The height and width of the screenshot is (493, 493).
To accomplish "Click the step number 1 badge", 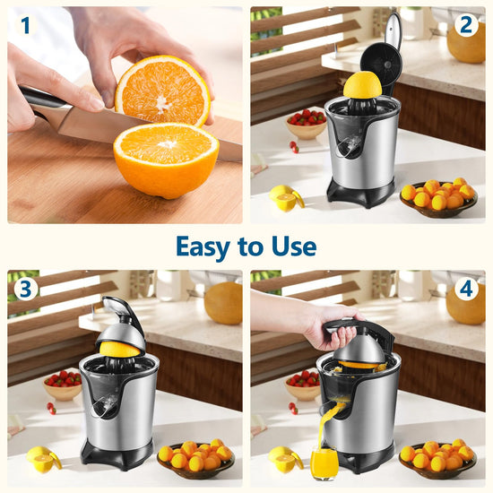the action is point(26,25).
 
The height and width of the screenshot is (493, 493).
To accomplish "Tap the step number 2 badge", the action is point(466,25).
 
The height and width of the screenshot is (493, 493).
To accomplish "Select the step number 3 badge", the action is point(26,289).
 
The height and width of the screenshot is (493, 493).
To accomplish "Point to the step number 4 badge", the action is point(466,289).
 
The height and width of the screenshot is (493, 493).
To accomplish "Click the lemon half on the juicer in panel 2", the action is point(362,84).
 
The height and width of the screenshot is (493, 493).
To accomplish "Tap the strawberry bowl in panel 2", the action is point(306,124).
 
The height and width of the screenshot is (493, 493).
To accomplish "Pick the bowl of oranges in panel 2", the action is point(438,199).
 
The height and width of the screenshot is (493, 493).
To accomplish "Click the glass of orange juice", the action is point(324,464).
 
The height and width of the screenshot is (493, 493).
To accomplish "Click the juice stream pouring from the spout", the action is point(327,425).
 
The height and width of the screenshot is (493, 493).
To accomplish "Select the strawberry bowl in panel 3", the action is point(63,385).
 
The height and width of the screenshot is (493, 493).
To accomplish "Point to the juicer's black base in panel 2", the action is point(360,192).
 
